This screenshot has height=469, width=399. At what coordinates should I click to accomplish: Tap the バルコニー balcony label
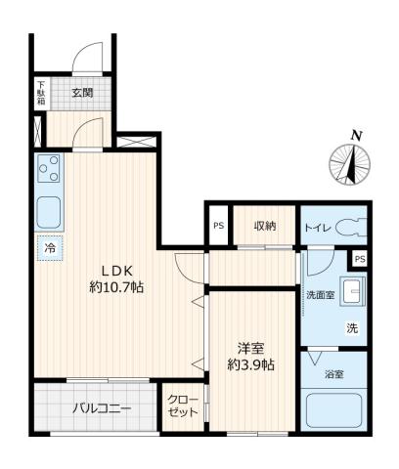pos(100,408)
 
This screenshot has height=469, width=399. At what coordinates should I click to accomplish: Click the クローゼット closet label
pos(182,405)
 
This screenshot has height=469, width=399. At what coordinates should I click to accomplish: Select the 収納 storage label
pos(265,226)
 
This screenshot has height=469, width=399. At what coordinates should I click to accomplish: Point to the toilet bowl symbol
pos(350,227)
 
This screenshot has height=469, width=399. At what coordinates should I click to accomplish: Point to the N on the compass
pos(357,135)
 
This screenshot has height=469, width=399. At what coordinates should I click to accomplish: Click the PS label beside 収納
pos(217,227)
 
